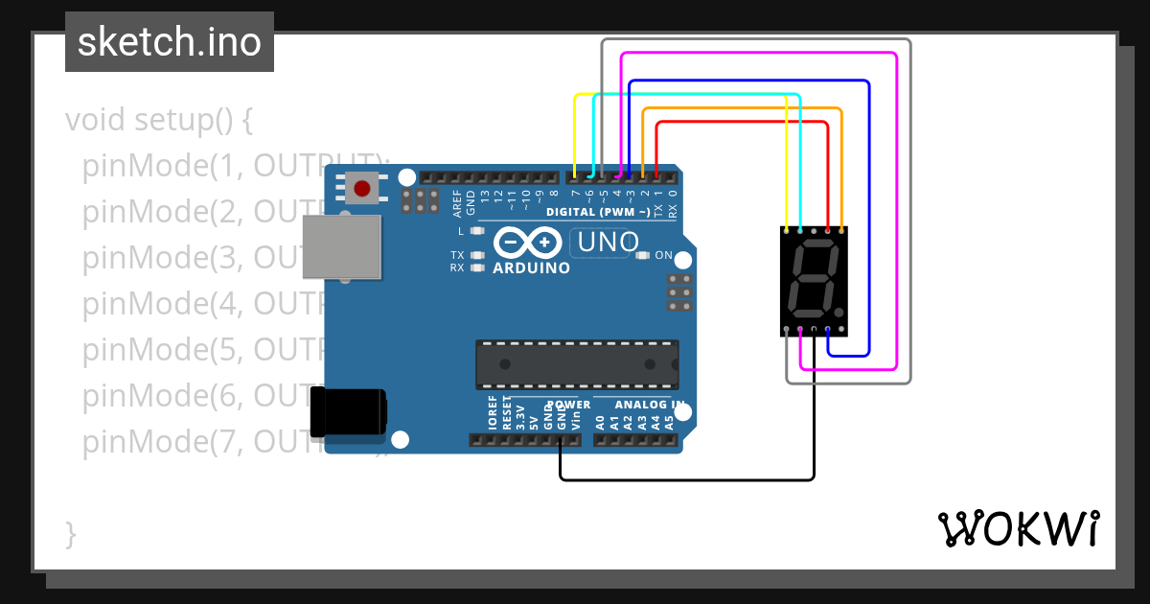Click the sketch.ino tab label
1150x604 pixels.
tap(170, 42)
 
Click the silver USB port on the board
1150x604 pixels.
tap(341, 246)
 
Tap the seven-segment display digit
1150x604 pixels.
tap(814, 282)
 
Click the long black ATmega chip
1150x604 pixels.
tap(577, 364)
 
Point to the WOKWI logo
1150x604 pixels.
tap(1018, 528)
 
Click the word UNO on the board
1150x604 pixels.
tap(608, 243)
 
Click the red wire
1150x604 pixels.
tap(743, 122)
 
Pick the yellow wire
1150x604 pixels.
tap(680, 94)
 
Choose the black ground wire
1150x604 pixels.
tap(686, 478)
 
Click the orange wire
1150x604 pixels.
tap(743, 109)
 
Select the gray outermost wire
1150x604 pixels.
tap(908, 211)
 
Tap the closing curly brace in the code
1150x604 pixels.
tap(70, 534)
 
